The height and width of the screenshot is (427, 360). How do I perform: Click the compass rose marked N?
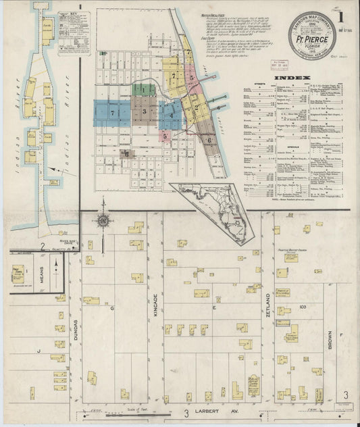click(x=103, y=220)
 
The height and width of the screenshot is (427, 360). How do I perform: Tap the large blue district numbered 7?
click(x=111, y=114)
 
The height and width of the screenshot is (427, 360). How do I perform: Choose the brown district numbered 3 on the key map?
click(x=144, y=111)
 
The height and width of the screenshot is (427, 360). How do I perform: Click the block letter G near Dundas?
click(x=112, y=308)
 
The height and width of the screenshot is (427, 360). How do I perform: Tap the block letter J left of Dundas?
click(x=38, y=351)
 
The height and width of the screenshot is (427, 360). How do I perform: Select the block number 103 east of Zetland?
click(x=303, y=307)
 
